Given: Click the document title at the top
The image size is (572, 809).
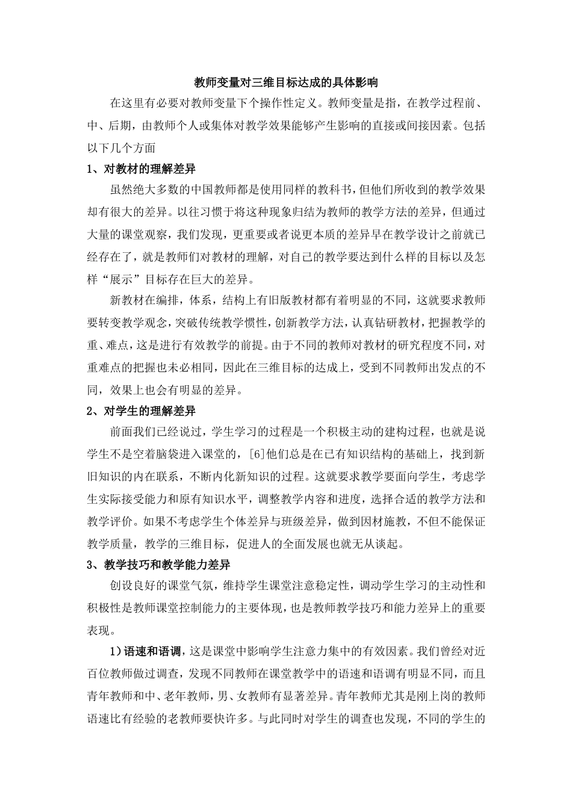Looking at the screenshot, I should (x=285, y=81).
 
